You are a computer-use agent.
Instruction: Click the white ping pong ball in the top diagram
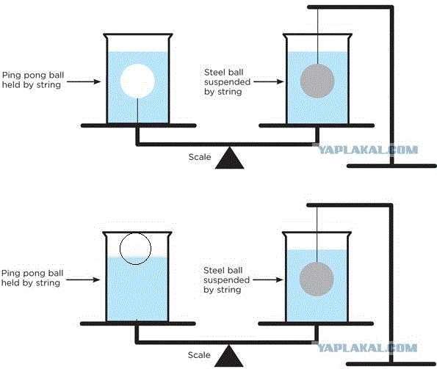[137, 81]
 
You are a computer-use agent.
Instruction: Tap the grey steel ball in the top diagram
[317, 81]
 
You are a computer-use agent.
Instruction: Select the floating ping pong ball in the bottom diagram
[135, 249]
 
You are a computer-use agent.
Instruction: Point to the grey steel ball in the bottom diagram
[317, 279]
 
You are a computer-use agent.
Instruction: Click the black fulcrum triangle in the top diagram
[230, 158]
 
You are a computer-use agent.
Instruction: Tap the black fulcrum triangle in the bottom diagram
[229, 356]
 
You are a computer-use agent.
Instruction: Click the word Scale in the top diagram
[200, 157]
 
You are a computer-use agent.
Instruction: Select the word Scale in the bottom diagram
[199, 355]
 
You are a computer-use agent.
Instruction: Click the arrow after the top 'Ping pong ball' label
[84, 81]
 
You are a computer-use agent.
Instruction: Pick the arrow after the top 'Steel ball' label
[269, 81]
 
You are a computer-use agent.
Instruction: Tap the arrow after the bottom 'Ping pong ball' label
[83, 280]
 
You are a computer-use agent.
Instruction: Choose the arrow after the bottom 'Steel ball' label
[268, 280]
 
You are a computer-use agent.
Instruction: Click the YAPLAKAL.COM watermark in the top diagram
[368, 150]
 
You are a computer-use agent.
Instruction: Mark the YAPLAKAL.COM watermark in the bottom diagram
[367, 348]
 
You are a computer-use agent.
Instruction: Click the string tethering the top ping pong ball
[137, 111]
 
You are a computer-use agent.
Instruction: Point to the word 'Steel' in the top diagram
[214, 73]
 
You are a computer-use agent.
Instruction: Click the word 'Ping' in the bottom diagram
[10, 274]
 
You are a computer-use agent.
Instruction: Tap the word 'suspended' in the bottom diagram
[227, 280]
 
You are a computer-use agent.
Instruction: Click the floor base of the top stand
[391, 166]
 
